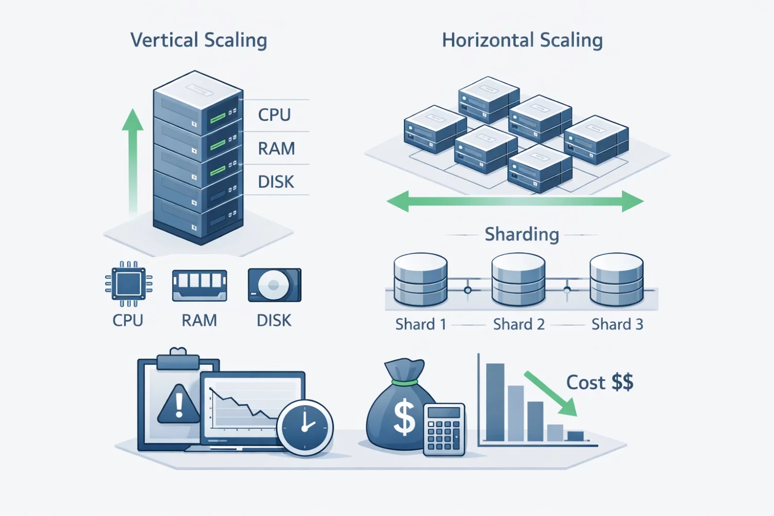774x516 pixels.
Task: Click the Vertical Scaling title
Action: pyautogui.click(x=199, y=40)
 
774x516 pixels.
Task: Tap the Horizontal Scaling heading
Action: pyautogui.click(x=522, y=40)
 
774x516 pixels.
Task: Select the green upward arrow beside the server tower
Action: pyautogui.click(x=133, y=160)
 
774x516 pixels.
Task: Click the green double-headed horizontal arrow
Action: pyautogui.click(x=515, y=201)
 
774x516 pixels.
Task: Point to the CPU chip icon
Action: pyautogui.click(x=128, y=283)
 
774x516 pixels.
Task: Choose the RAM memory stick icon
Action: pyautogui.click(x=199, y=285)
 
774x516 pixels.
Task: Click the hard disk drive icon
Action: pyautogui.click(x=274, y=285)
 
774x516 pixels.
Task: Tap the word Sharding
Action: pyautogui.click(x=522, y=234)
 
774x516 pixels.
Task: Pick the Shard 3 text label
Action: pyautogui.click(x=617, y=324)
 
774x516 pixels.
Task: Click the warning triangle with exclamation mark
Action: pyautogui.click(x=179, y=404)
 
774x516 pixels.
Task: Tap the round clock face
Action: pyautogui.click(x=305, y=427)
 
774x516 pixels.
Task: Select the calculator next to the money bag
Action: pyautogui.click(x=444, y=429)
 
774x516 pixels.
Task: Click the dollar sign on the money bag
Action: pyautogui.click(x=404, y=417)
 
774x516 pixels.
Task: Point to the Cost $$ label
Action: pyautogui.click(x=600, y=382)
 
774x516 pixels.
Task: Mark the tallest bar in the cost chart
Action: pyautogui.click(x=495, y=402)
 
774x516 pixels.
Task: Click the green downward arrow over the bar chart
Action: pyautogui.click(x=551, y=393)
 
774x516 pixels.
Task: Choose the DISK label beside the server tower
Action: pyautogui.click(x=276, y=182)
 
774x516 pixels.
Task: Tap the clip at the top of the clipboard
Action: pyautogui.click(x=178, y=359)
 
